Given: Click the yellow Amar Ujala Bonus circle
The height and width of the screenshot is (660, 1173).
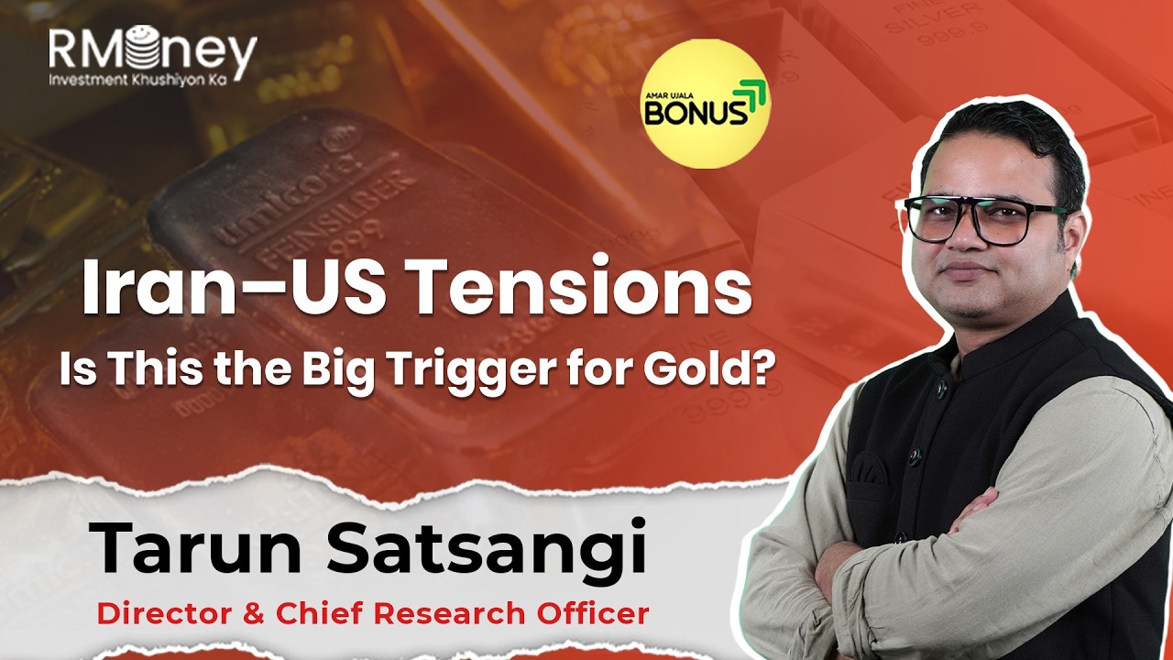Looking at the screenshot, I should (x=705, y=103).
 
